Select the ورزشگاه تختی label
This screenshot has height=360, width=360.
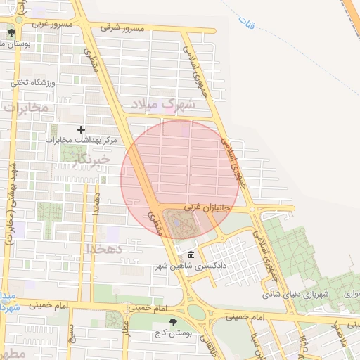(x=32, y=82)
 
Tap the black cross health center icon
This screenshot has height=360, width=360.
(x=82, y=129)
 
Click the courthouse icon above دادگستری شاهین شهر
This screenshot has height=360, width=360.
(x=191, y=255)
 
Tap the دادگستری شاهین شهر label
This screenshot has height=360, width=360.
(x=189, y=266)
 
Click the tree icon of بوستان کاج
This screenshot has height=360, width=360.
(x=174, y=321)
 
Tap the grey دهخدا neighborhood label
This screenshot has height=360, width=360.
(x=105, y=249)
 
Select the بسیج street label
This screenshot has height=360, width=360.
(x=70, y=337)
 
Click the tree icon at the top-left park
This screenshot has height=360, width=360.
(x=11, y=32)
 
